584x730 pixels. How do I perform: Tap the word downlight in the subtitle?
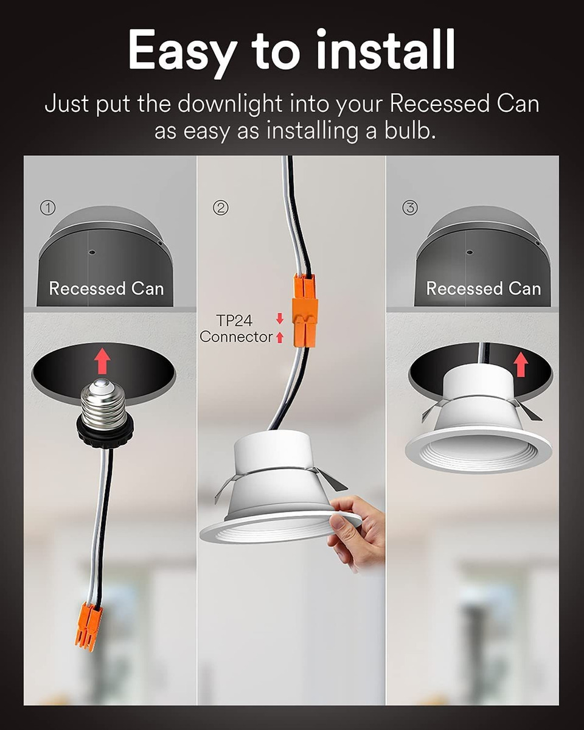[x=230, y=104]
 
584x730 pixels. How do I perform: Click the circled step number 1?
[x=48, y=207]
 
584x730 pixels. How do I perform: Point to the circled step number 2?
[x=221, y=207]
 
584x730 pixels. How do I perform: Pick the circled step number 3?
[x=410, y=207]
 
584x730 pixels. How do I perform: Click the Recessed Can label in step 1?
[x=106, y=289]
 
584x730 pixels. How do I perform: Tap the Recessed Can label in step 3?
[x=484, y=289]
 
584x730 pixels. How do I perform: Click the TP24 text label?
[x=234, y=321]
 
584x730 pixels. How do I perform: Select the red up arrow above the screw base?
[x=102, y=362]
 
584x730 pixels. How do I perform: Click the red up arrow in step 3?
[x=521, y=364]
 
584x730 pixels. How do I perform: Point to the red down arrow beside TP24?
[x=280, y=319]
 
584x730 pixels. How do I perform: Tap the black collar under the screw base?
[x=105, y=434]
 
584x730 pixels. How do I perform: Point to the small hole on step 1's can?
[x=92, y=252]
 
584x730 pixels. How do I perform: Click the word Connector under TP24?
[x=236, y=337]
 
